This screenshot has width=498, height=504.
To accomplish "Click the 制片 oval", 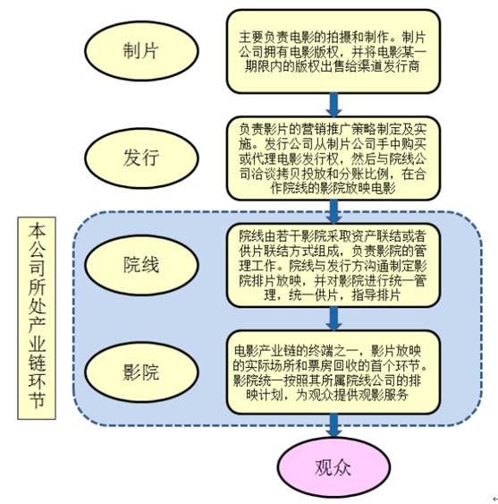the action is point(141,51).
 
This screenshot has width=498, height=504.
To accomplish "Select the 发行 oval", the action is point(141,158).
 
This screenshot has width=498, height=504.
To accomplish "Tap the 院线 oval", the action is point(141,265).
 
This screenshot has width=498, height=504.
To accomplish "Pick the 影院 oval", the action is point(141,372).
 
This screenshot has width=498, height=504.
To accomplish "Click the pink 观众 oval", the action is point(333,467).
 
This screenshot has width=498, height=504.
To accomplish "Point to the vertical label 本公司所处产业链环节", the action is point(37,318).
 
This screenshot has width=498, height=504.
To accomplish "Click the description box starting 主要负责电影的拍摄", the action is point(333,51).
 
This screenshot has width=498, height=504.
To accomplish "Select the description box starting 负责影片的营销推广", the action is point(333,158).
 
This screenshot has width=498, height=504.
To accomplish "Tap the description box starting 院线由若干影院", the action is point(333,266).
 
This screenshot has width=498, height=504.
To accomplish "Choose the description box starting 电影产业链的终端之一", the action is point(333,372).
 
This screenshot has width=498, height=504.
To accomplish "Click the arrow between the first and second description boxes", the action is point(333,105).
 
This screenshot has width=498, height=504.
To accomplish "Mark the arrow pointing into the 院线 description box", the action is point(333,212).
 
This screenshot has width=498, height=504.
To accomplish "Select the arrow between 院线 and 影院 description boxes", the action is point(333,319).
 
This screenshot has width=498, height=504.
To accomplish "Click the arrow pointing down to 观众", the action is point(333,425).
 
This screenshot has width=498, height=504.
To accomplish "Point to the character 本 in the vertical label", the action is point(37,230).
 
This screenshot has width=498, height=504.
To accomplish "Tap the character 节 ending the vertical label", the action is point(37,400).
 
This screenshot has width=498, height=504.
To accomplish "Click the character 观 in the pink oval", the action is point(324,467).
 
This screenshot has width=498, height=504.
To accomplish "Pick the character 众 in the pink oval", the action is point(342,467).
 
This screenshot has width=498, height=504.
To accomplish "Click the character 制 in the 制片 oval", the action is point(132,51).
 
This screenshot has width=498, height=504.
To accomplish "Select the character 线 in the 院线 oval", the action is point(150,265).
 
